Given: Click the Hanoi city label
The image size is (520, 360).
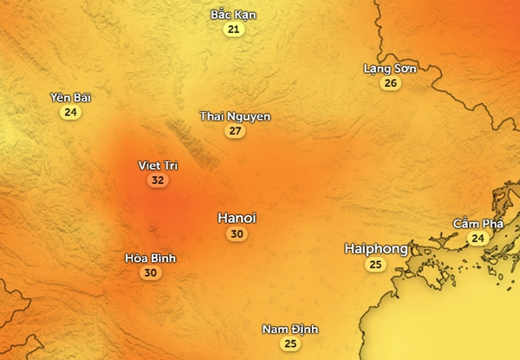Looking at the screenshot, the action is [x=237, y=218].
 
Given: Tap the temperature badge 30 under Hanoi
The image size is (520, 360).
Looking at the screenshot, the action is [x=237, y=234].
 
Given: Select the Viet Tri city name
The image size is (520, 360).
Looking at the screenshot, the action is [x=157, y=165].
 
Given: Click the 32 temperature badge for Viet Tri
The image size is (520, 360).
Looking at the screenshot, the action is [x=157, y=180].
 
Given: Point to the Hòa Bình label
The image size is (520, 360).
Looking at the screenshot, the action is [x=150, y=258].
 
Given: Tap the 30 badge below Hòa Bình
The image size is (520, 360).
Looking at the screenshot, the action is [x=150, y=272].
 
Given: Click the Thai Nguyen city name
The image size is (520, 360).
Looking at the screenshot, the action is [x=235, y=116].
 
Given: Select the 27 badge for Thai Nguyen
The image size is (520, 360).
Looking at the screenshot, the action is [x=235, y=131].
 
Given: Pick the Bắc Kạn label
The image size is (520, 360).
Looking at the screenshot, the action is [x=233, y=15].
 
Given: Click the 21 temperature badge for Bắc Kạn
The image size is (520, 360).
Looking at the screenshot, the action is [x=233, y=29].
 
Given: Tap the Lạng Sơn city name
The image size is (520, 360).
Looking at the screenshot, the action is [x=390, y=69].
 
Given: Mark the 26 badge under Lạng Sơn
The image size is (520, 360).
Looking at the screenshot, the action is [x=391, y=83].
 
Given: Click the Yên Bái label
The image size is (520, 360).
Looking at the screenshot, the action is [x=70, y=97].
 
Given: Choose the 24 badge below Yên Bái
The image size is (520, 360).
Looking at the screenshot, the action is [x=70, y=112].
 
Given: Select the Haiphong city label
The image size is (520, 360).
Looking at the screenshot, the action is [x=375, y=249].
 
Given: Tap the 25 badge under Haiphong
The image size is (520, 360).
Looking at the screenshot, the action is [x=375, y=265].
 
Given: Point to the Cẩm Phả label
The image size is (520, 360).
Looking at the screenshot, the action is [x=478, y=223].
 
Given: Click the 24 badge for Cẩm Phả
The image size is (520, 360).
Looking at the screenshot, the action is [x=478, y=238].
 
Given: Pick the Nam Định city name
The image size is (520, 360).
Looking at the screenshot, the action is [x=290, y=330].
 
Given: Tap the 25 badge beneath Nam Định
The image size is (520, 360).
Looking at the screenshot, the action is [x=290, y=344].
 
